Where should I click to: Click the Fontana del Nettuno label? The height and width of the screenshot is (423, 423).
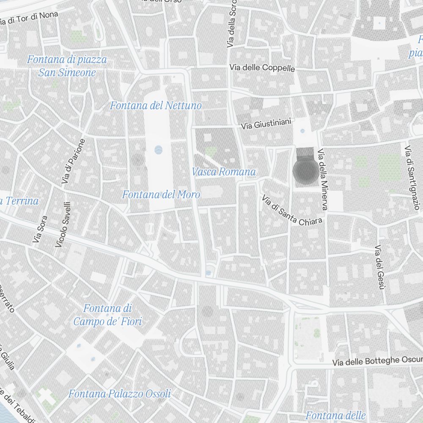pyautogui.click(x=156, y=105)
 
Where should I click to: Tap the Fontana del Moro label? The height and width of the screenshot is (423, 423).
pyautogui.click(x=161, y=195)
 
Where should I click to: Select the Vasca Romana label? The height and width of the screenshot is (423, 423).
pyautogui.click(x=223, y=172)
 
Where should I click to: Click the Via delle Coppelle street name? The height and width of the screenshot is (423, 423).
pyautogui.click(x=262, y=68)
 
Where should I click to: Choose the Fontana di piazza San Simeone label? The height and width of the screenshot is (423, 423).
pyautogui.click(x=67, y=66)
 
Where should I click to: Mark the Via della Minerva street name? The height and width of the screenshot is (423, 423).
pyautogui.click(x=323, y=179)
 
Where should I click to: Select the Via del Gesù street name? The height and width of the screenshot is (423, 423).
pyautogui.click(x=379, y=267)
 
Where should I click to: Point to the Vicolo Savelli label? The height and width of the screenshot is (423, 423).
pyautogui.click(x=63, y=224)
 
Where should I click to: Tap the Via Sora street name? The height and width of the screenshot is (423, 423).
pyautogui.click(x=39, y=229)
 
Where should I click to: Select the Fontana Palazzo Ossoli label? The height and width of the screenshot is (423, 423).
pyautogui.click(x=120, y=394)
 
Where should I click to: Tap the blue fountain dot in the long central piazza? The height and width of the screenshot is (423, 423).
pyautogui.click(x=158, y=149)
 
